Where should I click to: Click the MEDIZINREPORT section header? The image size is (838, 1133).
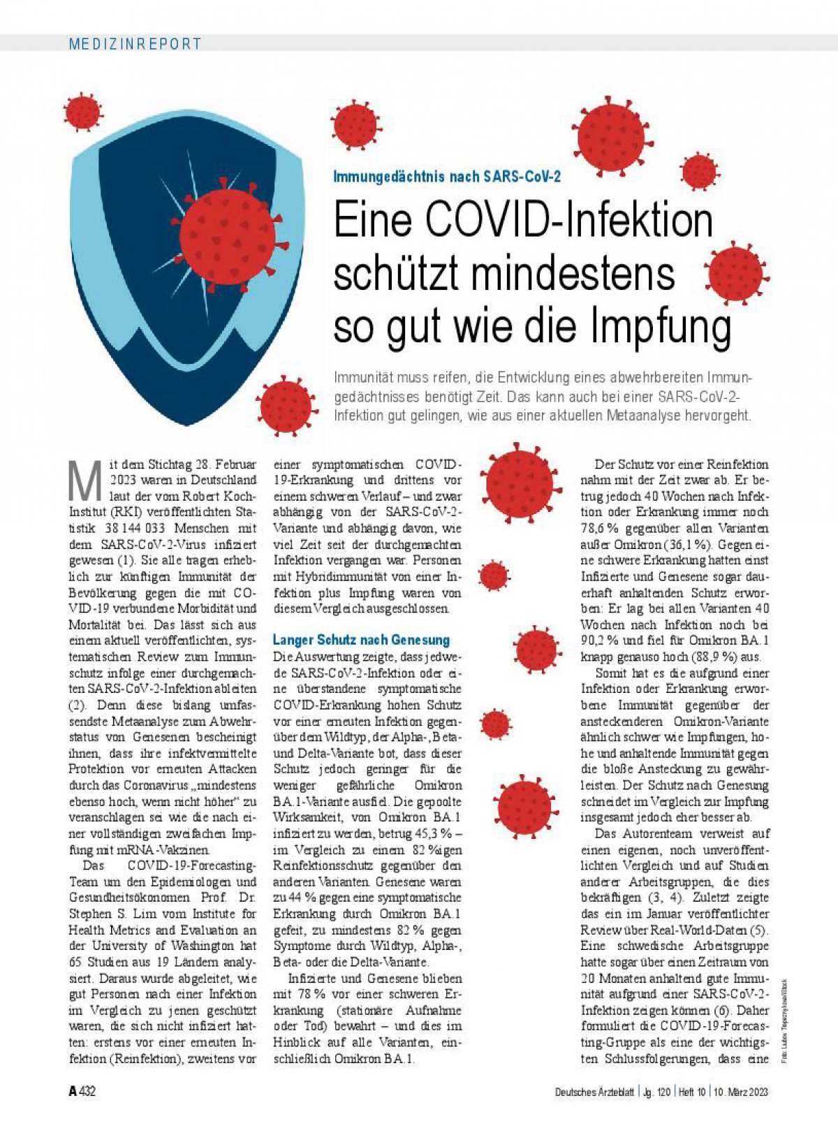[x=135, y=43]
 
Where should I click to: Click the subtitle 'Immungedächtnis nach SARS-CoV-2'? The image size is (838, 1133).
[x=447, y=177]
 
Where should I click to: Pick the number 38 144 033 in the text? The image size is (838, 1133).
[x=136, y=528]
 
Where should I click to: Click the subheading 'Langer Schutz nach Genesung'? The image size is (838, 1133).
[x=361, y=640]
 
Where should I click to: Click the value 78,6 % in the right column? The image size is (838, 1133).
[x=601, y=528]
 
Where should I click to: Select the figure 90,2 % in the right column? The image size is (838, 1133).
[x=597, y=641]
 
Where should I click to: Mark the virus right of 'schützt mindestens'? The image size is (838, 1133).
[x=735, y=273]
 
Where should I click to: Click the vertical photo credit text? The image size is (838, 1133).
[x=784, y=1020]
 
